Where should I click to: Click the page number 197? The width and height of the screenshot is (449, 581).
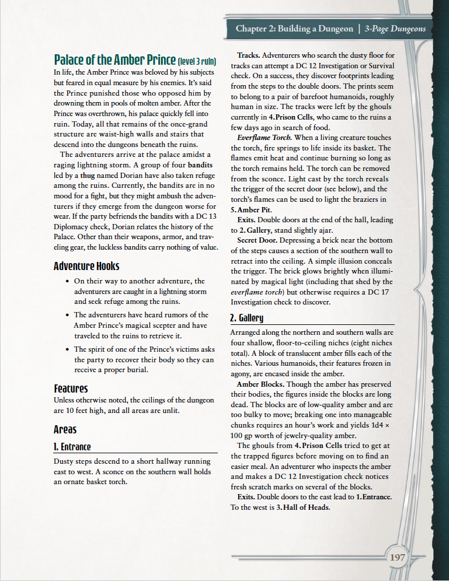tap(397, 557)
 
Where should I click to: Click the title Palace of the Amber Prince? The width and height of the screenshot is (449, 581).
tap(114, 60)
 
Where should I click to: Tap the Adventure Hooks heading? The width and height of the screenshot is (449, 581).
tap(86, 266)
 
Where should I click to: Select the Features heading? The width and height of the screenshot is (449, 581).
tap(71, 388)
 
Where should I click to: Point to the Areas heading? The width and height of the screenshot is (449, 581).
tap(65, 429)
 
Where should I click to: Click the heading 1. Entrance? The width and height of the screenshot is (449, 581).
tap(72, 447)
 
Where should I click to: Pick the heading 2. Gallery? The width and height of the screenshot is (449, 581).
tap(247, 318)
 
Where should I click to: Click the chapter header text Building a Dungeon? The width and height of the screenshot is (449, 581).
tap(315, 29)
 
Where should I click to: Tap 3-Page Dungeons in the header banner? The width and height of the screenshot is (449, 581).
tap(395, 29)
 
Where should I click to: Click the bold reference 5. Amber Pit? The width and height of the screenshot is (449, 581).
tap(251, 209)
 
